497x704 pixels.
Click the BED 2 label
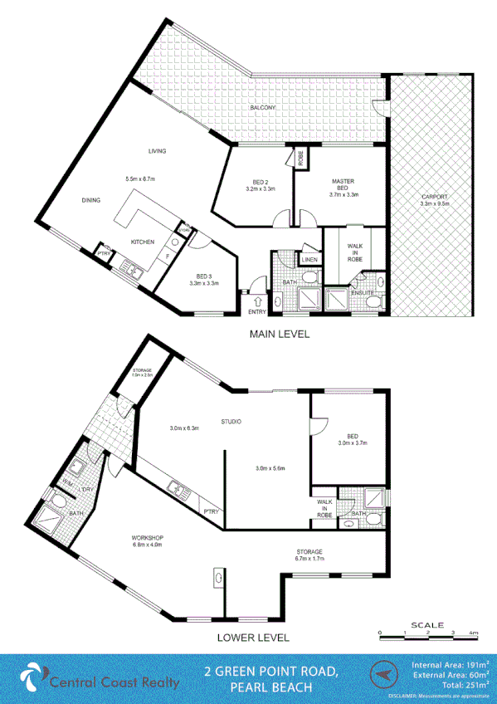click(x=260, y=183)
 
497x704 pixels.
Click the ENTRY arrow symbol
click(x=257, y=301)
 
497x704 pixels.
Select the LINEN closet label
click(x=310, y=260)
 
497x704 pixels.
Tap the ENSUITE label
click(x=362, y=292)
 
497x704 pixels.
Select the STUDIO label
click(x=231, y=423)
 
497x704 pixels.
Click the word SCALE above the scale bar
click(x=426, y=624)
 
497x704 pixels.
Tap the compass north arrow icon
click(x=382, y=676)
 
